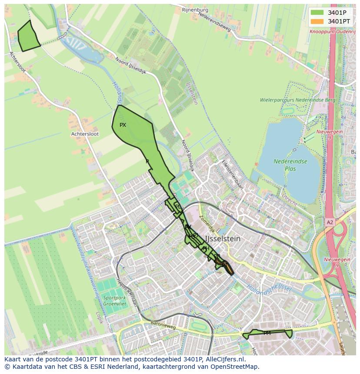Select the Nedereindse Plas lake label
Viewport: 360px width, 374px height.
tap(290, 165)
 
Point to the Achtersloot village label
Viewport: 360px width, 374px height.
tap(85, 134)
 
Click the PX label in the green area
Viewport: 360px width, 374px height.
tap(123, 125)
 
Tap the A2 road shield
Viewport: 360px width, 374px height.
tap(330, 222)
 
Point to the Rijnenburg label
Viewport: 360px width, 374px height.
tap(195, 9)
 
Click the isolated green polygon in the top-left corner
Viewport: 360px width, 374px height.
tap(28, 36)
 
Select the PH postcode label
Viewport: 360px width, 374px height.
tap(206, 248)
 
